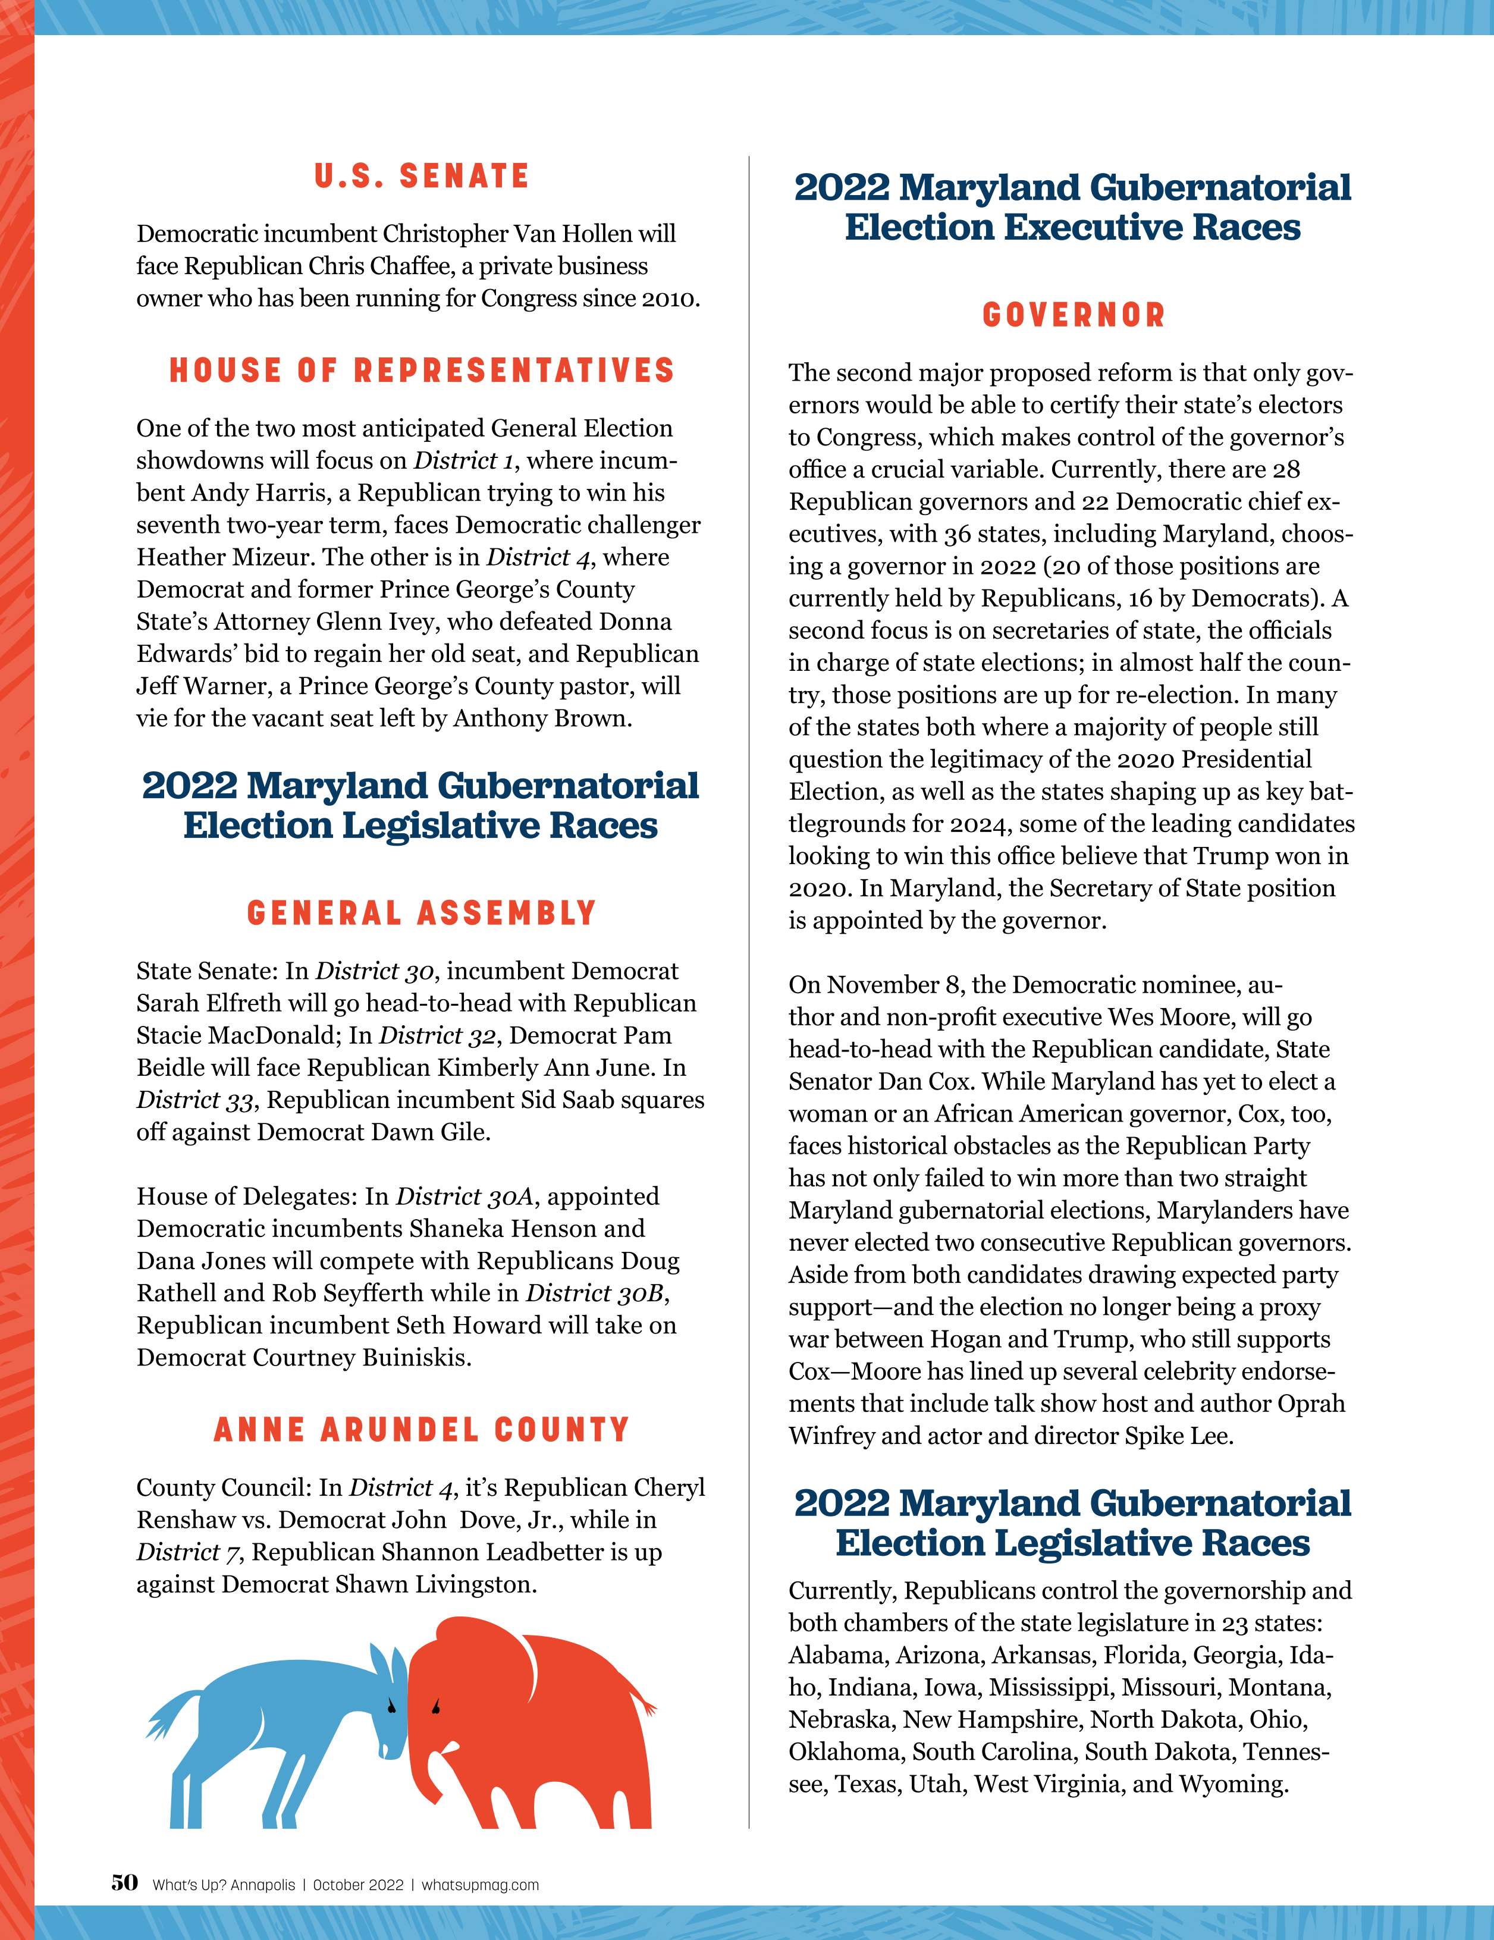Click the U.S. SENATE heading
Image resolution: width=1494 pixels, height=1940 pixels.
click(x=421, y=176)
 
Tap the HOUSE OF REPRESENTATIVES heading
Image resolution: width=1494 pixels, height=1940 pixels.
click(x=421, y=371)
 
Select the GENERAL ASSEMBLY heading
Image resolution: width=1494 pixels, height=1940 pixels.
click(x=421, y=913)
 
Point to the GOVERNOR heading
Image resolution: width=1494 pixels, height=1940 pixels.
click(x=1073, y=315)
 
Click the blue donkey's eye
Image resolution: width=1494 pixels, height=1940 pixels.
click(x=389, y=1704)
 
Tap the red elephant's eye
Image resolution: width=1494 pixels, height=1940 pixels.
click(x=435, y=1706)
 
